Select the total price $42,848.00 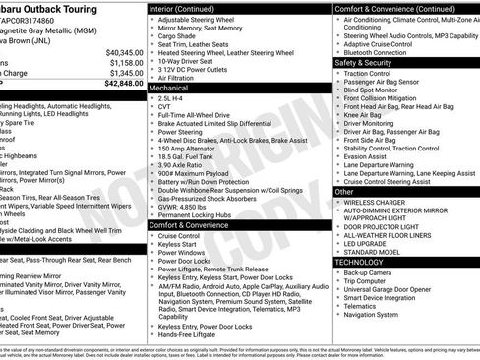pyautogui.click(x=123, y=84)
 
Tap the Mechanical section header pyautogui.click(x=170, y=88)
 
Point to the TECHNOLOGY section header pyautogui.click(x=365, y=262)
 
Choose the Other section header pyautogui.click(x=345, y=192)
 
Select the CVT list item pyautogui.click(x=164, y=108)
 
